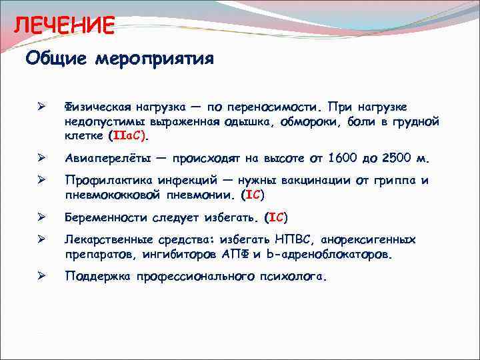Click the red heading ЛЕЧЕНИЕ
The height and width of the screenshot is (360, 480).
[65, 26]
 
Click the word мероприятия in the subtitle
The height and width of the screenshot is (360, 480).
[154, 59]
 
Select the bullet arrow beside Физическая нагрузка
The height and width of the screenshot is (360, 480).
[41, 107]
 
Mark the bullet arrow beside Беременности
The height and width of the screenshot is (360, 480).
[41, 217]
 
